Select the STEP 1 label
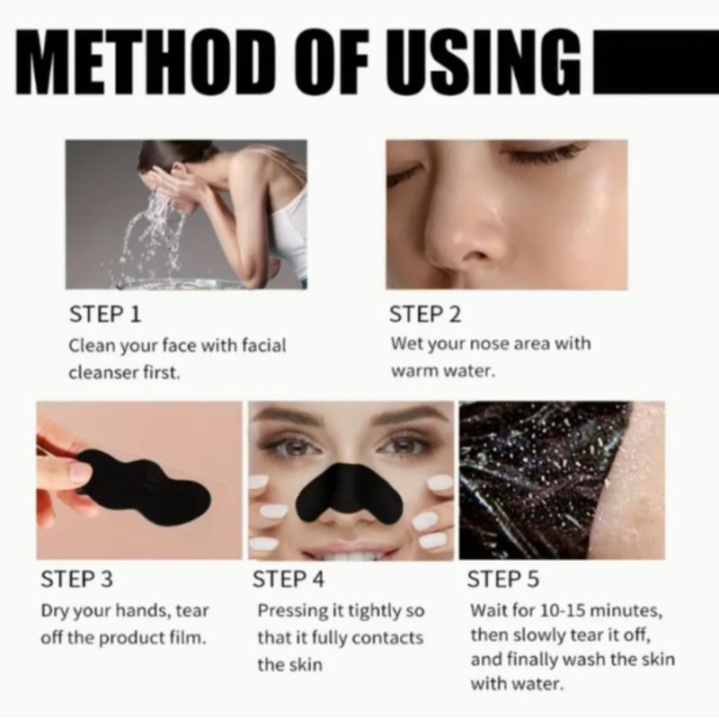click(105, 315)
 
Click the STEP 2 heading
click(425, 315)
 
